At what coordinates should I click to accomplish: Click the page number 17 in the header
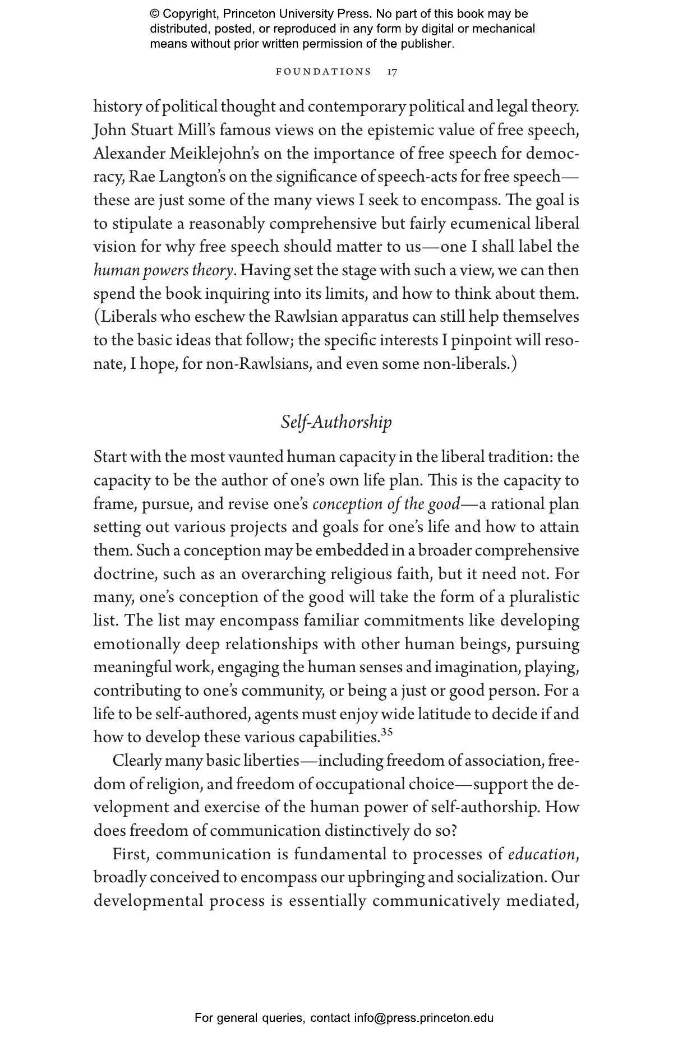click(x=393, y=72)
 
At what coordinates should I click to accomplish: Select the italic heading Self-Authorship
click(x=336, y=422)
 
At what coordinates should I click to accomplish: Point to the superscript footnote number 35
click(x=386, y=732)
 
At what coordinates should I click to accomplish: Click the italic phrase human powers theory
click(x=163, y=271)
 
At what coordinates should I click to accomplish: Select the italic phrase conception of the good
click(x=386, y=504)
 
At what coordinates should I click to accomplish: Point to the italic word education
click(x=541, y=854)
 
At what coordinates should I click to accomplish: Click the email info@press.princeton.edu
click(x=423, y=1017)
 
